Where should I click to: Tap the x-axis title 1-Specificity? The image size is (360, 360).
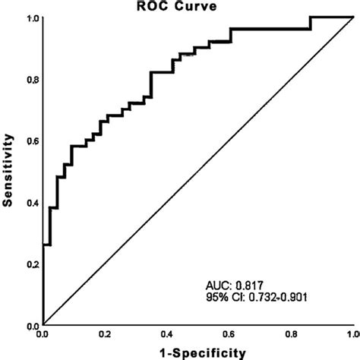pyautogui.click(x=197, y=352)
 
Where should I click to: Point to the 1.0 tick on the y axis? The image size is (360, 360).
pyautogui.click(x=32, y=17)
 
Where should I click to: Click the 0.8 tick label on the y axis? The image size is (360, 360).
pyautogui.click(x=32, y=79)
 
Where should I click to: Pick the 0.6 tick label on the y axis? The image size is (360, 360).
pyautogui.click(x=32, y=141)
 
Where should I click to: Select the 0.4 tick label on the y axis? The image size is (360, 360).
pyautogui.click(x=32, y=203)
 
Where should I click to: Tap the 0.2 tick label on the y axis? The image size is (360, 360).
pyautogui.click(x=32, y=264)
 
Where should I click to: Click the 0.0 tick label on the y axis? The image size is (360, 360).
pyautogui.click(x=32, y=325)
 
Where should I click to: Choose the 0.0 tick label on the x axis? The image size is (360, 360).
pyautogui.click(x=45, y=334)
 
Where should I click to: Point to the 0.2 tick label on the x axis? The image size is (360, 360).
pyautogui.click(x=106, y=334)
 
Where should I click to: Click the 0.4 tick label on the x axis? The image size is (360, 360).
pyautogui.click(x=167, y=334)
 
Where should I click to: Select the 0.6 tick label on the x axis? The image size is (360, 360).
pyautogui.click(x=229, y=334)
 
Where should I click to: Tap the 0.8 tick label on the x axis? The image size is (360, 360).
pyautogui.click(x=290, y=334)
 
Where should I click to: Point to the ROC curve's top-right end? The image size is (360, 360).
pyautogui.click(x=351, y=16)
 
